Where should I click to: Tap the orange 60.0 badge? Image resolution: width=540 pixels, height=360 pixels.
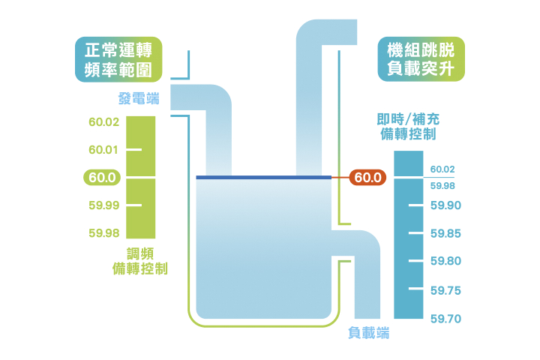[x=367, y=178]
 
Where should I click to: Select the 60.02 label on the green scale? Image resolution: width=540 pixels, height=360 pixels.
[x=103, y=122]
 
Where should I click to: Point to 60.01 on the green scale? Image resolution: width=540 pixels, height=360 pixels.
[x=103, y=150]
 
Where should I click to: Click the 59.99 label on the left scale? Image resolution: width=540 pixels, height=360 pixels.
[x=103, y=205]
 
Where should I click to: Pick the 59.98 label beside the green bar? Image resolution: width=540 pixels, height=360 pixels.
[x=103, y=233]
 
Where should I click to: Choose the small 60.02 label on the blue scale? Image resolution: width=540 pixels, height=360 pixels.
[x=442, y=169]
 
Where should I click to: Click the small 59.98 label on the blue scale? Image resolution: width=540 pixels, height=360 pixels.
[x=442, y=185]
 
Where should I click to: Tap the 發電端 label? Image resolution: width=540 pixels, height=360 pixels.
[x=139, y=98]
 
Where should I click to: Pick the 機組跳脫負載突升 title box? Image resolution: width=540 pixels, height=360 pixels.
[x=421, y=60]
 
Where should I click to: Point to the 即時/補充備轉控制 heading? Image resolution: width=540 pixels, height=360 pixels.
[x=406, y=127]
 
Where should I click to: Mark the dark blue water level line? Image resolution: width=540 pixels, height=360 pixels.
[x=262, y=178]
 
